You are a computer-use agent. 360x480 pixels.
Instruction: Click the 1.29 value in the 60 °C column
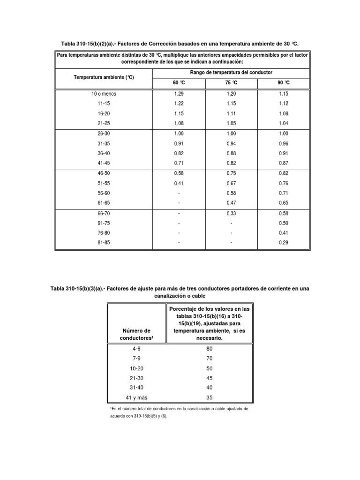tap(179, 94)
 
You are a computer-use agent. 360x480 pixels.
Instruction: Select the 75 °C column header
tap(231, 82)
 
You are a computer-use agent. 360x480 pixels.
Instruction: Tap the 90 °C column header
tap(284, 82)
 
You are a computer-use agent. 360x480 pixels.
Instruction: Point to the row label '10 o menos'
tap(104, 94)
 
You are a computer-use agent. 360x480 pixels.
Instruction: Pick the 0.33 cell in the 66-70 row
tap(231, 213)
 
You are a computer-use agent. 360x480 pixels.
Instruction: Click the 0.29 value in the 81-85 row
tap(284, 242)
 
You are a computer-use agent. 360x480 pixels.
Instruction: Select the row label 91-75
tap(104, 223)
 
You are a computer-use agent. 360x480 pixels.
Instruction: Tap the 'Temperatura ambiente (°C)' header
tap(104, 77)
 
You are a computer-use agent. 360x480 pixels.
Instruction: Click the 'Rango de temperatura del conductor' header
tap(231, 73)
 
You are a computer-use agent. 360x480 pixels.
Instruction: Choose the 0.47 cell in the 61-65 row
tap(231, 202)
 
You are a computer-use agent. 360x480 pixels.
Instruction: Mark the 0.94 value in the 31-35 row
tap(231, 143)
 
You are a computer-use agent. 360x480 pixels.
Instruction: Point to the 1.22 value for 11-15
tap(179, 104)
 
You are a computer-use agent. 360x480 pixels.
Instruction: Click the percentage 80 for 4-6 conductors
tap(210, 349)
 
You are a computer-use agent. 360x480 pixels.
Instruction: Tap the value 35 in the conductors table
tap(210, 398)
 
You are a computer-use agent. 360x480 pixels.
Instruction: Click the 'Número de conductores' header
tap(137, 334)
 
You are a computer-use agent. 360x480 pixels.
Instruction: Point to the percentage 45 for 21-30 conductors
tap(210, 378)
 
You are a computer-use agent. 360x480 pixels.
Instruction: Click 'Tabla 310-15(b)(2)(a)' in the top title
tap(89, 44)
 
